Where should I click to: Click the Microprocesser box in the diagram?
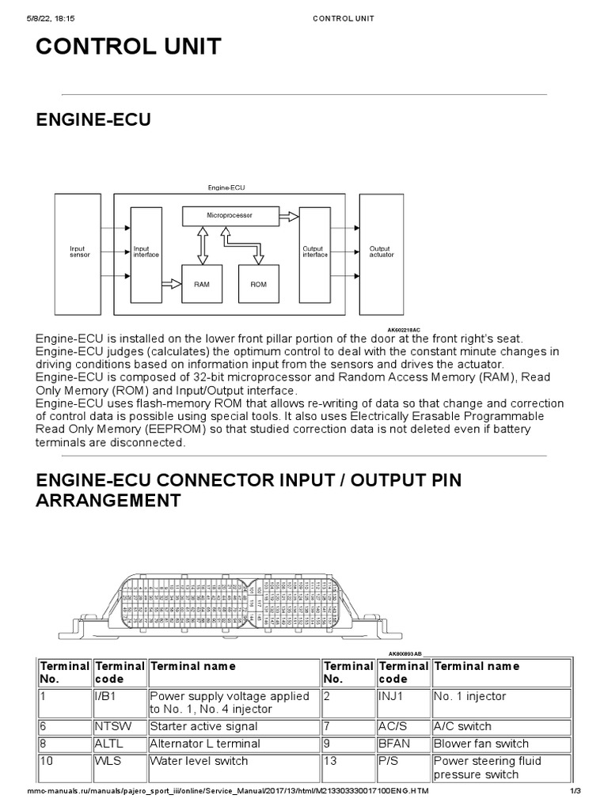point(230,214)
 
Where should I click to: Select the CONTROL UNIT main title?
point(128,47)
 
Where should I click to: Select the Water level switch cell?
point(199,761)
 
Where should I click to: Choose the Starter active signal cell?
point(203,726)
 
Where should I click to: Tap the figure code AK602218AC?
point(404,329)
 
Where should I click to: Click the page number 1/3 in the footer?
point(576,792)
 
